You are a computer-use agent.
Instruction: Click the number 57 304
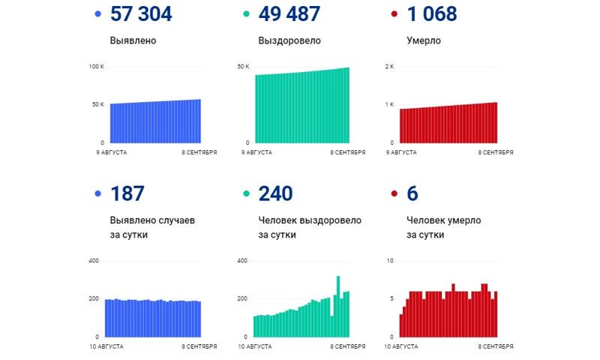coord(140,13)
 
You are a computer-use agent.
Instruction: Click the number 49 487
coord(289,13)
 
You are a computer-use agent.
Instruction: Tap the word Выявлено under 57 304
coord(133,40)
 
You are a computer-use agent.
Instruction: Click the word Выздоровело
coord(289,40)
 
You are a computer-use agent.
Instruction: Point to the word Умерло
coord(424,40)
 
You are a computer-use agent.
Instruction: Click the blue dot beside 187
coord(97,194)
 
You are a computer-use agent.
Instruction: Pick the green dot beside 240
coord(245,194)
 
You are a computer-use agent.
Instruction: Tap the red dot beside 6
coord(394,194)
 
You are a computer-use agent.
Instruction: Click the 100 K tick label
coord(97,67)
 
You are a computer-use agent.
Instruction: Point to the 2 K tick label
coord(389,67)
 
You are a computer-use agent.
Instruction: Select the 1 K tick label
coord(389,104)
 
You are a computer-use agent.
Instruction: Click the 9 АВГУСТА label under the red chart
coord(401,152)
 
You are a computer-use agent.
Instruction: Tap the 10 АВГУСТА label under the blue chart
coord(107,346)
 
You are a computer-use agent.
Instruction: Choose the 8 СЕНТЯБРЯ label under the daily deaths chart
coord(496,346)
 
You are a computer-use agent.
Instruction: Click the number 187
coord(127,193)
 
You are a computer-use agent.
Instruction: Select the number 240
coord(275,193)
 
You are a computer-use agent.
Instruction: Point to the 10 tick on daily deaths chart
coord(389,261)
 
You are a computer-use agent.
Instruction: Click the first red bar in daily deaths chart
coord(401,325)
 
